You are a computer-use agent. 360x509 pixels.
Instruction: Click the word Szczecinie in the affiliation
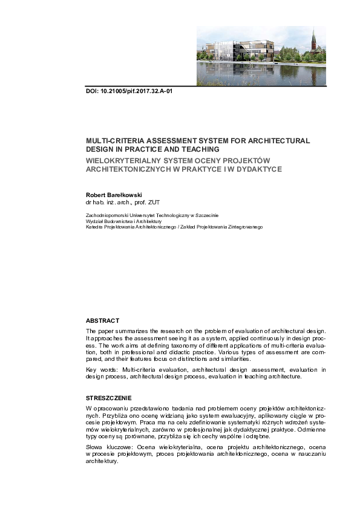[208, 215]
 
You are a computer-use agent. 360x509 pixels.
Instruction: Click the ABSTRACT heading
[103, 320]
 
